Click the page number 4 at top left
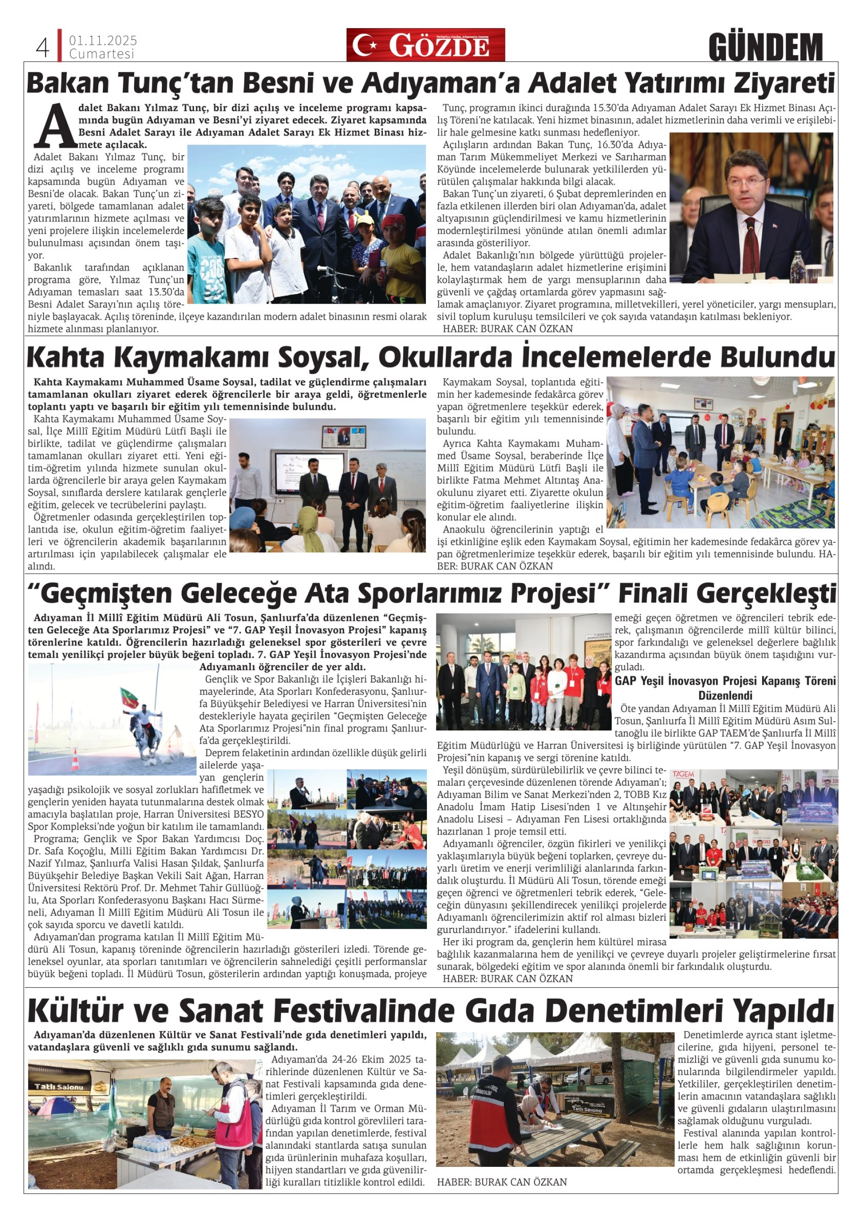point(42,48)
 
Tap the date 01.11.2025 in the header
point(103,40)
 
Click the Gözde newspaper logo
point(426,45)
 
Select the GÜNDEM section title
point(765,47)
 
